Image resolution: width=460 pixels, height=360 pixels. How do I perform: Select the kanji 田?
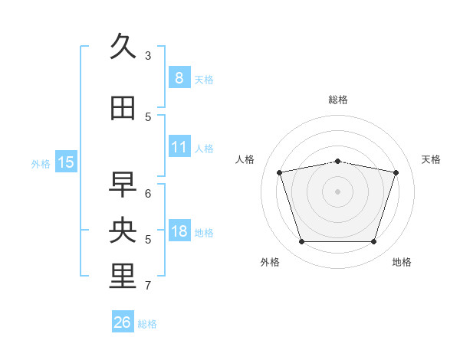(x=123, y=108)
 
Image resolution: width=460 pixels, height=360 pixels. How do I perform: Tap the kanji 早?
(x=123, y=185)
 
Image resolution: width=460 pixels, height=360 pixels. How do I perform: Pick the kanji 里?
(x=123, y=277)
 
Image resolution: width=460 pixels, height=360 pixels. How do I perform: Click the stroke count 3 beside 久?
(x=148, y=55)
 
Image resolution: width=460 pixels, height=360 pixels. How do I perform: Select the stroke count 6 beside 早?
(x=148, y=193)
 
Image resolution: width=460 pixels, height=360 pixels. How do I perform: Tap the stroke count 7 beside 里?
(x=148, y=286)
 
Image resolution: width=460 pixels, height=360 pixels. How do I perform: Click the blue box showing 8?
(x=179, y=77)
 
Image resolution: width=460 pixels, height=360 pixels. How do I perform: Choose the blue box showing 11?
(x=179, y=146)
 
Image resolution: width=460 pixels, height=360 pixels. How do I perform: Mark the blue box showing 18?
(x=179, y=231)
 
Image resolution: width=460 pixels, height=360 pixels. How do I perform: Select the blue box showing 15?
(x=66, y=162)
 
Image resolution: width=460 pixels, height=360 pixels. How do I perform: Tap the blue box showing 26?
(x=123, y=322)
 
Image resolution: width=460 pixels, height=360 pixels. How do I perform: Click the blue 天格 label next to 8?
(x=204, y=79)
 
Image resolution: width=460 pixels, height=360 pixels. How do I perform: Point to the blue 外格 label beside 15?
(x=41, y=163)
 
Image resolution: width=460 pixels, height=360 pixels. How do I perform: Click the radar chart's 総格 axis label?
(x=338, y=100)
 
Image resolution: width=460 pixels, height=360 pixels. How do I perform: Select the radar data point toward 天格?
(x=396, y=172)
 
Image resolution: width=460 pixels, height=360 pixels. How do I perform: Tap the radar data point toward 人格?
(x=280, y=172)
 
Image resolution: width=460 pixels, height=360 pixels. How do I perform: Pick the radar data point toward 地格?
(x=373, y=241)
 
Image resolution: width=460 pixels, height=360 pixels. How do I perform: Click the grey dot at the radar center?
(x=338, y=191)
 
